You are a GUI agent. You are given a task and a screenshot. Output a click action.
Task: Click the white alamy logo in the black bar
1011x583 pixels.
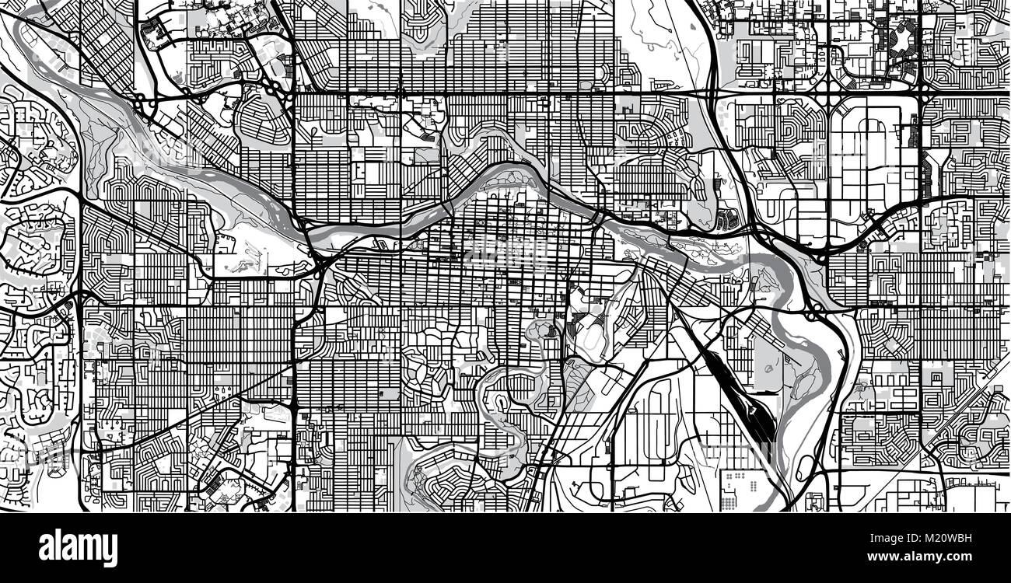click(78, 547)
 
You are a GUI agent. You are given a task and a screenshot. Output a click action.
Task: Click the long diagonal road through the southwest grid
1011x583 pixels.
click(194, 416)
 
